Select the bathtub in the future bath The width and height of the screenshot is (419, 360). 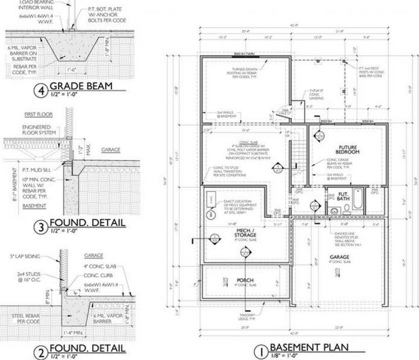tap(370, 200)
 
